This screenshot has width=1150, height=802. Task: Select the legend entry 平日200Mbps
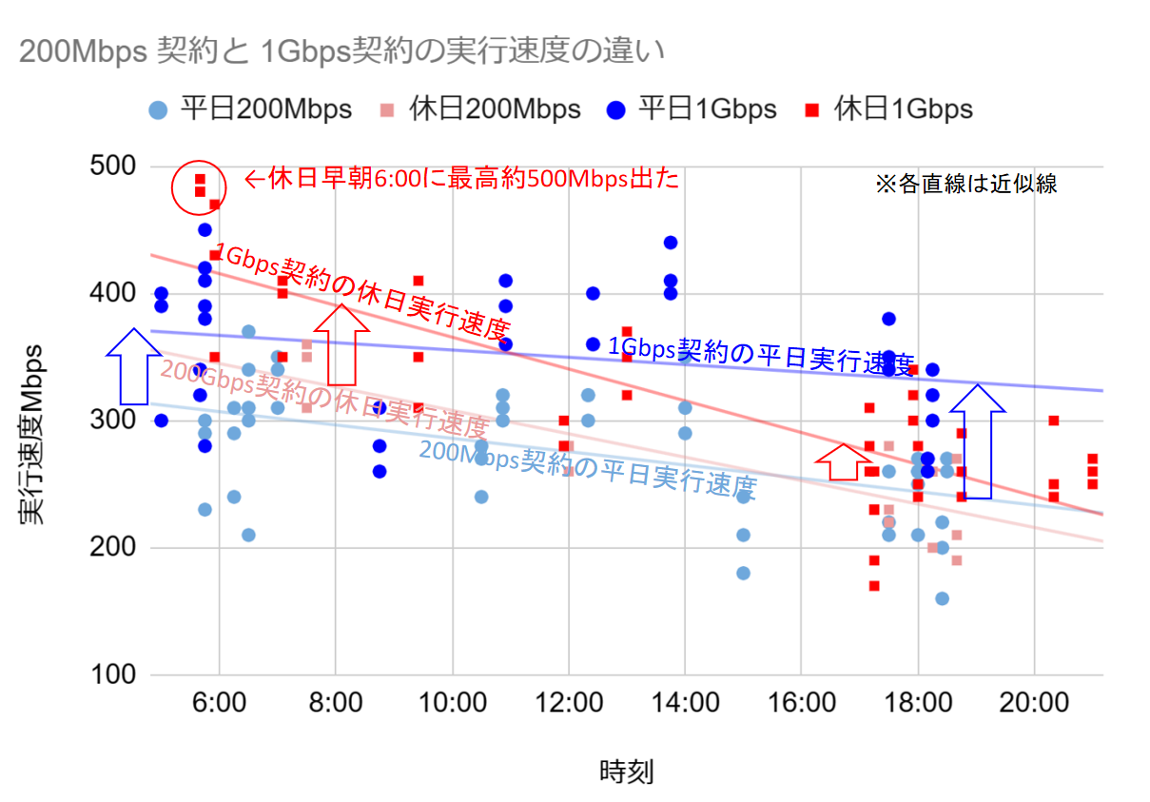pos(252,109)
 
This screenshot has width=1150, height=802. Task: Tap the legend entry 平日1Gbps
pos(694,109)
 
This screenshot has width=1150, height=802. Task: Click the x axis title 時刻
pos(626,771)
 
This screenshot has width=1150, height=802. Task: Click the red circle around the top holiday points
pos(199,186)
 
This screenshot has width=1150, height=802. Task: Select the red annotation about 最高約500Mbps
pos(462,179)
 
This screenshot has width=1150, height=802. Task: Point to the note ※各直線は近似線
pos(965,185)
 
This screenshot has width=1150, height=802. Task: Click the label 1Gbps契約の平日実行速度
pos(761,355)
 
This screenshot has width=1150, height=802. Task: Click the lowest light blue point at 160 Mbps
pos(942,598)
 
